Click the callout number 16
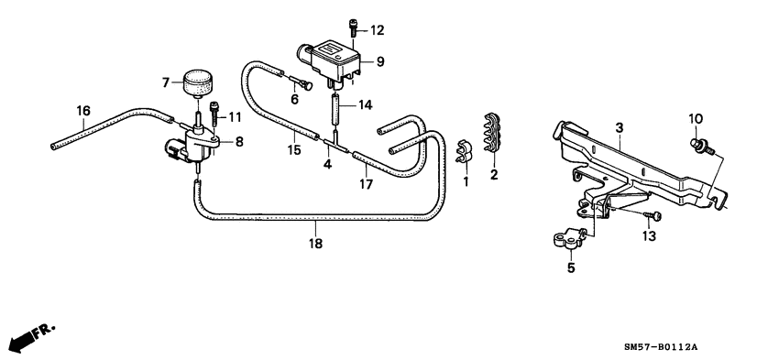click(x=83, y=112)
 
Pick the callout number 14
click(x=366, y=105)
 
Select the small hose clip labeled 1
click(x=463, y=149)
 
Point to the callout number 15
click(x=293, y=149)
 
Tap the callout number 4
click(x=327, y=165)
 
